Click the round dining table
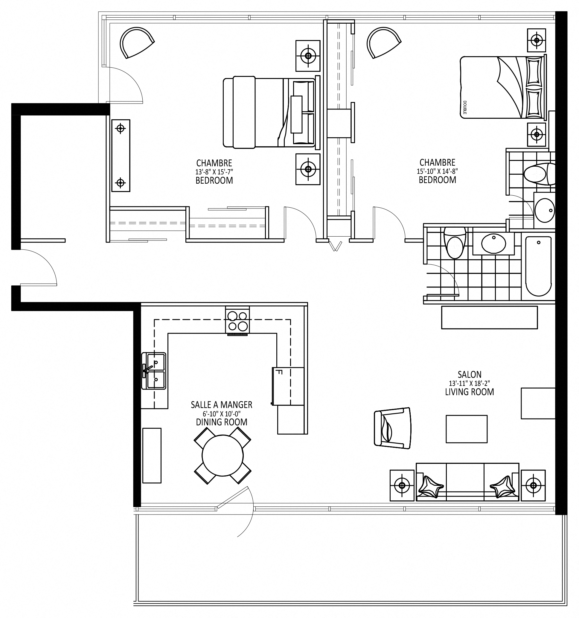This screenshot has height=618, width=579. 223,456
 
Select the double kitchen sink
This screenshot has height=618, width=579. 153,371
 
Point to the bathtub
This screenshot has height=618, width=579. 538,267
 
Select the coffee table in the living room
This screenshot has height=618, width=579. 467,429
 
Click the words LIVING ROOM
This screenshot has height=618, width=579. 469,392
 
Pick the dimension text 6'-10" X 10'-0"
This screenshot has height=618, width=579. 222,413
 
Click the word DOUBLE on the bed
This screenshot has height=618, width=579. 465,107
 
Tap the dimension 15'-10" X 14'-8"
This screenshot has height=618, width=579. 437,171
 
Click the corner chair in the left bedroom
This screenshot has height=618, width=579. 137,42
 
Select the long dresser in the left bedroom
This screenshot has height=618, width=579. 121,156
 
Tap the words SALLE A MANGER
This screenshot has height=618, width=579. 222,405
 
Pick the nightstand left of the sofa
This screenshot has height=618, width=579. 402,485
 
